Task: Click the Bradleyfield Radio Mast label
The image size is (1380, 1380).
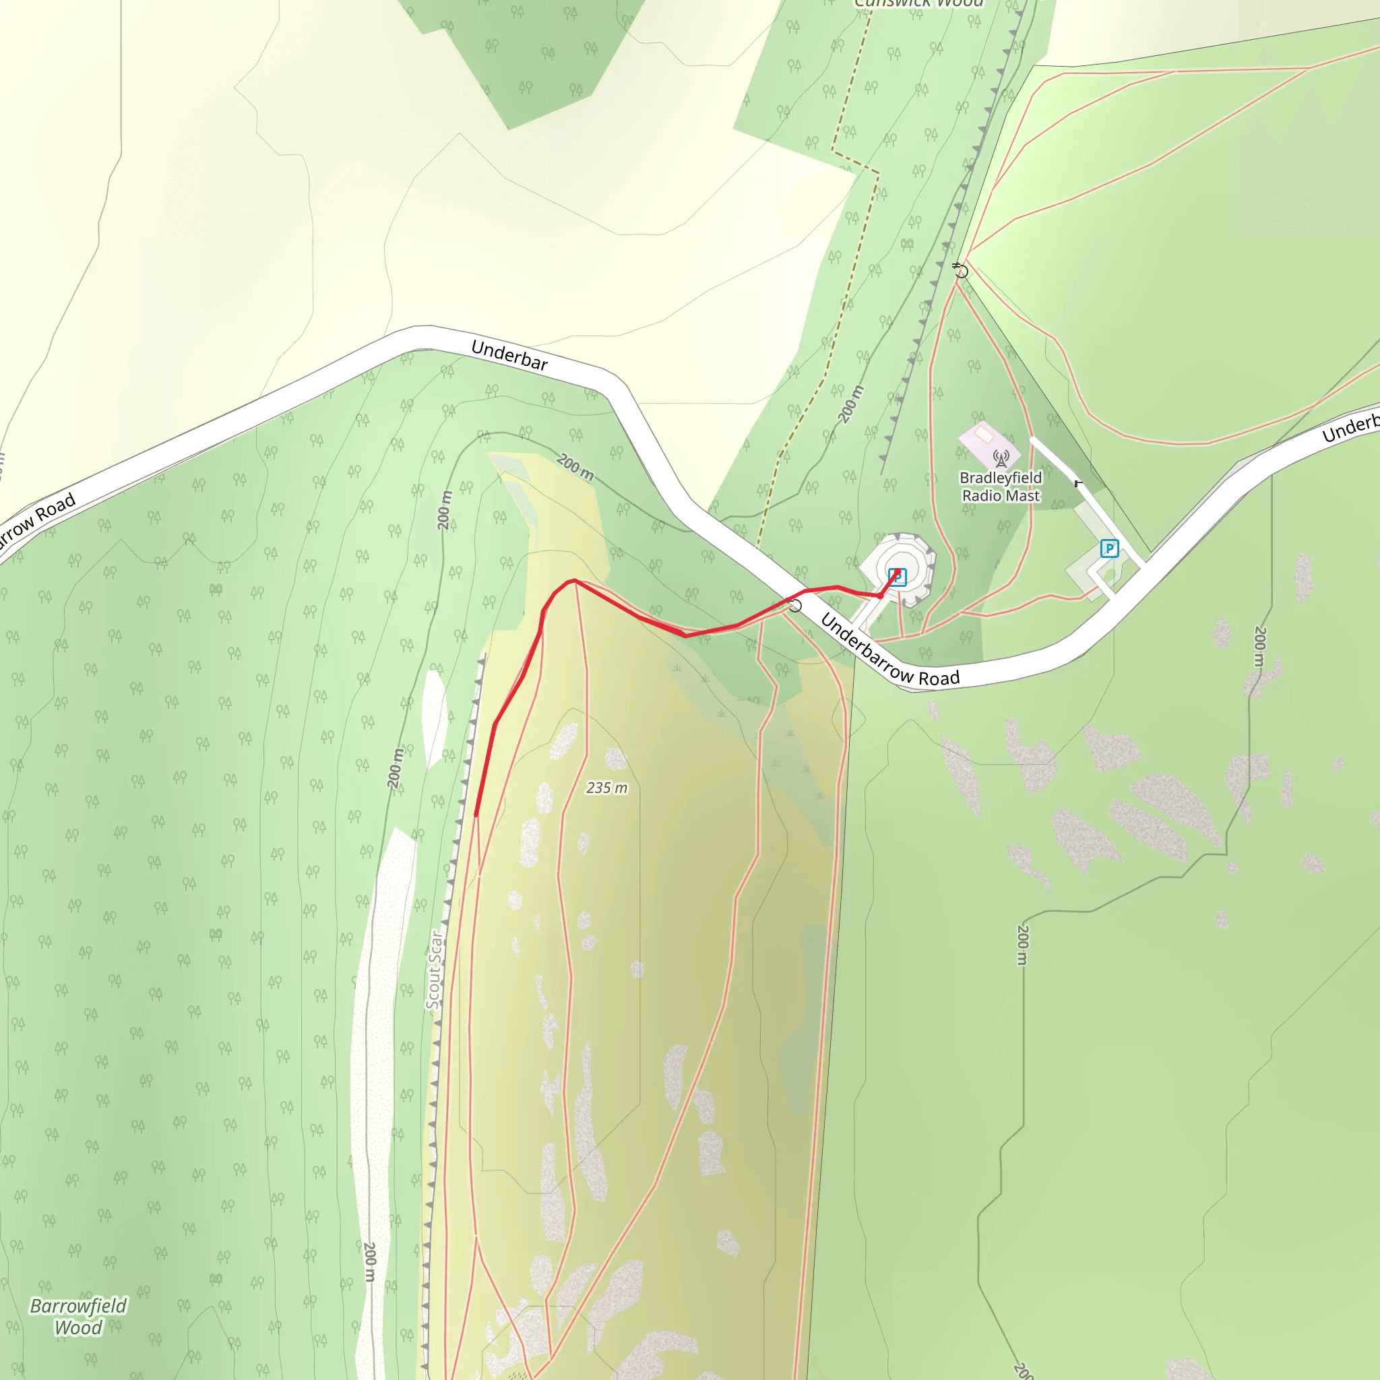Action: (x=1000, y=487)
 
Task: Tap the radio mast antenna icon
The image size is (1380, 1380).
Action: (x=1001, y=458)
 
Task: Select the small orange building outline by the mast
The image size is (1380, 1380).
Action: (x=984, y=433)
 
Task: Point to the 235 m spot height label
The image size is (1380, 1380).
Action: (x=606, y=788)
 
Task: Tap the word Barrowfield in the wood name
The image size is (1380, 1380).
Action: (x=79, y=1306)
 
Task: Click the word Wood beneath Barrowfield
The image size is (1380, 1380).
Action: (x=79, y=1328)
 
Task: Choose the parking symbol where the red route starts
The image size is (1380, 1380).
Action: (x=897, y=576)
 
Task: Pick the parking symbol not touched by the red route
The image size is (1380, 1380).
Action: (x=1108, y=548)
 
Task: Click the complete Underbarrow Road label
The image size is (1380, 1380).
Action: (x=889, y=650)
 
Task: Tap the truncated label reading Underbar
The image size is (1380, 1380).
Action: (x=509, y=355)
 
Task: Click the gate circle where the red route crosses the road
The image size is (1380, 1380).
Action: (x=794, y=606)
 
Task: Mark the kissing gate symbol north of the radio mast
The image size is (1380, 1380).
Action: (x=961, y=271)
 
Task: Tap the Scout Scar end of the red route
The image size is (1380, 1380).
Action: (x=476, y=814)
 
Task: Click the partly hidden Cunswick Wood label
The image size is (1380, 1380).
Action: (x=919, y=3)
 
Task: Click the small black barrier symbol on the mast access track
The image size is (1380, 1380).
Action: (x=1078, y=484)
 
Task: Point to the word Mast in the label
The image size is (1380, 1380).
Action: (x=1023, y=496)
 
